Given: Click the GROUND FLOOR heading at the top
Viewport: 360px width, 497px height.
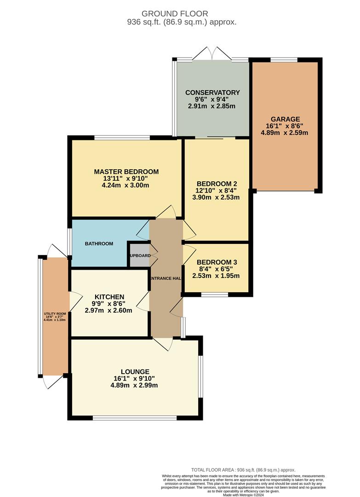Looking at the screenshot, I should pos(175,14).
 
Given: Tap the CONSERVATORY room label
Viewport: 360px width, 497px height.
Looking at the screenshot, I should pos(212,92).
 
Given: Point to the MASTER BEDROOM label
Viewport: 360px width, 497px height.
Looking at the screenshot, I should pos(126,172).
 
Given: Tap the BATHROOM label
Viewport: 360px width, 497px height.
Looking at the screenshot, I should pos(99,243).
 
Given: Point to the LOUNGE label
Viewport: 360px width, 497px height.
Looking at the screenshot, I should pos(135,371).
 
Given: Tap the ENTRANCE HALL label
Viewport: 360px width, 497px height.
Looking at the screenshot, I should pos(166,278).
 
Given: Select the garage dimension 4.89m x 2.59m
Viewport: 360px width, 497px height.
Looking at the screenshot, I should pos(284,133).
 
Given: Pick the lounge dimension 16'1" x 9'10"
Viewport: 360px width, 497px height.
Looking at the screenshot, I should pos(135,378).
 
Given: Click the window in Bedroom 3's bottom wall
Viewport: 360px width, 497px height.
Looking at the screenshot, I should pos(215,294).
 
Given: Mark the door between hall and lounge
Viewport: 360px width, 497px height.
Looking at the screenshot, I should pos(162,343).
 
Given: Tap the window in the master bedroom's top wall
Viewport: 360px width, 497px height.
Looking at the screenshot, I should pos(122,137).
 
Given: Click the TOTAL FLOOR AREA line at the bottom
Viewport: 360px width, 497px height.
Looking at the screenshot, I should pos(243,470).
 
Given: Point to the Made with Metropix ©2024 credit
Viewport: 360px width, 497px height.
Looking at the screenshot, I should pos(243,495).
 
